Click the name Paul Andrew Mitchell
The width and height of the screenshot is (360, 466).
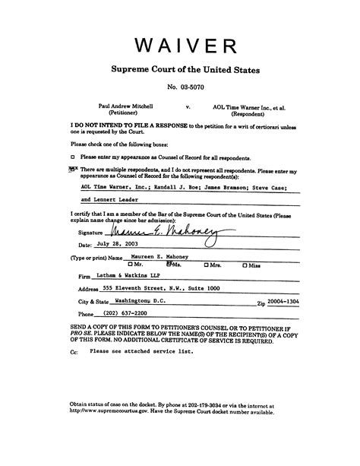tap(126, 106)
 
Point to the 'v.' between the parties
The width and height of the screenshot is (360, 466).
tap(187, 106)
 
